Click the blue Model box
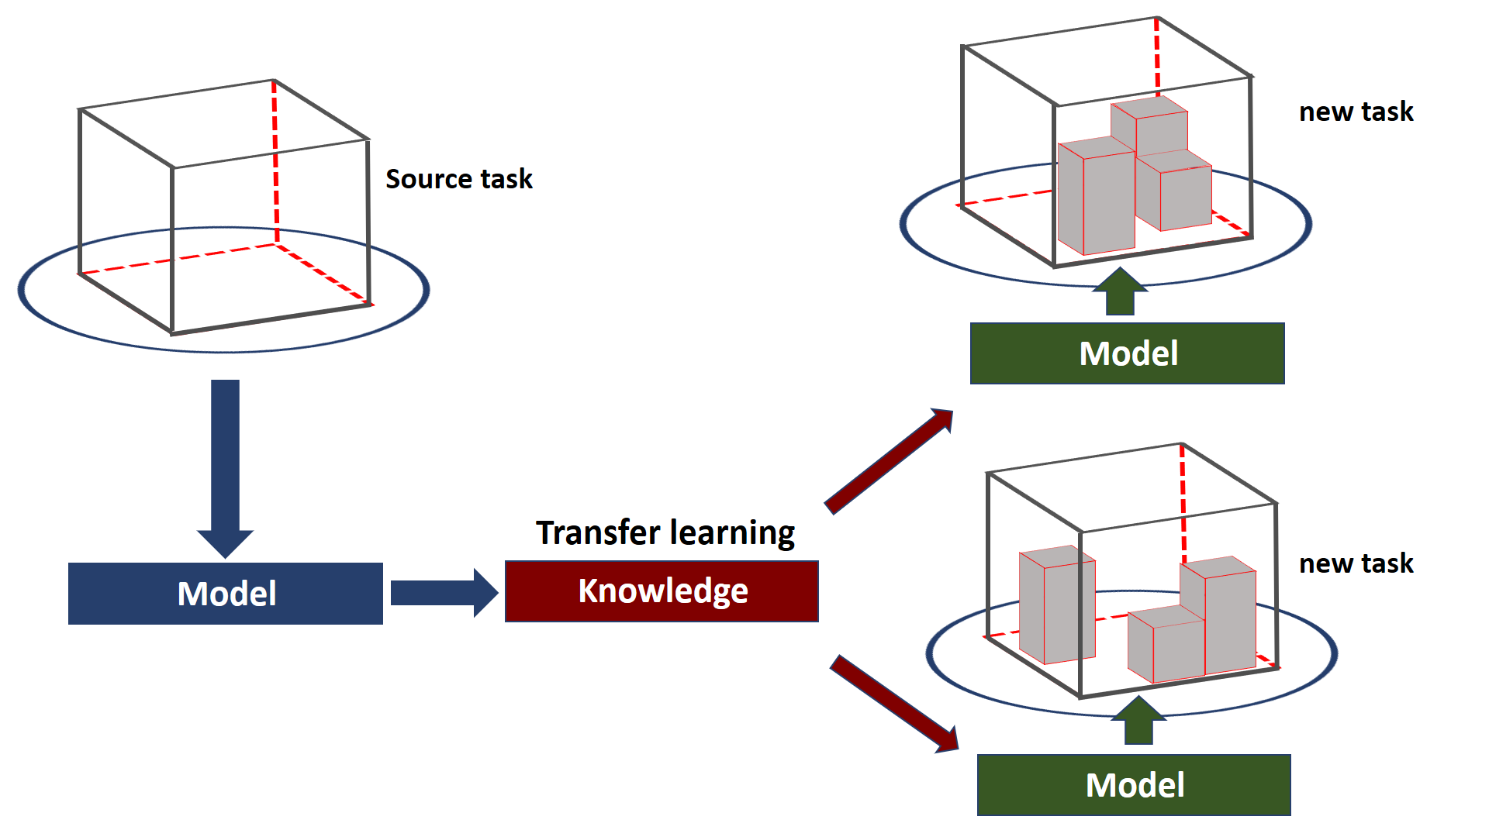point(226,594)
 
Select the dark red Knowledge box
point(662,591)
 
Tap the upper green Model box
point(1128,353)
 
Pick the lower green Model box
point(1134,785)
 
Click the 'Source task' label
point(459,179)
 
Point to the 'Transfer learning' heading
point(665,533)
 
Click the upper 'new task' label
point(1356,112)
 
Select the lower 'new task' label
point(1356,563)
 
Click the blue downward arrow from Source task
point(225,469)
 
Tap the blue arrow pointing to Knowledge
point(444,593)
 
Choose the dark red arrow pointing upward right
point(889,461)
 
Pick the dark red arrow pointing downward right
point(894,704)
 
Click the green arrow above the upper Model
point(1120,291)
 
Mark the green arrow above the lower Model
point(1138,720)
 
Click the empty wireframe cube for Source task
point(172,248)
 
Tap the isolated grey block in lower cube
point(1057,604)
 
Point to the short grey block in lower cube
point(1166,645)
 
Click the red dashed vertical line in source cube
point(275,161)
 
